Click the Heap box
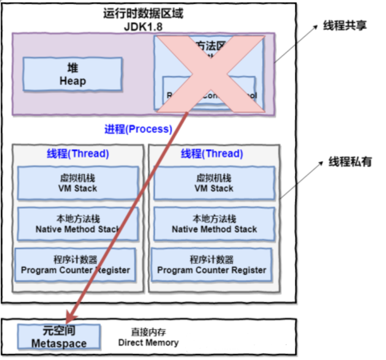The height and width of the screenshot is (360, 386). tap(73, 75)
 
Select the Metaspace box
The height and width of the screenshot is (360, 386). tap(59, 337)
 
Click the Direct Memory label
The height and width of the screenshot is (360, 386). tap(148, 337)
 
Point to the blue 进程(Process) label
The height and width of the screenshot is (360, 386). tap(138, 129)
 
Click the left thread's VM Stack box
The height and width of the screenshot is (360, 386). tap(78, 183)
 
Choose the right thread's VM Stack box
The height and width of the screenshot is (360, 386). tap(214, 183)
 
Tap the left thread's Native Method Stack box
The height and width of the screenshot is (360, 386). tap(78, 224)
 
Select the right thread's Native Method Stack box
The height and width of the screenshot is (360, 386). tap(214, 224)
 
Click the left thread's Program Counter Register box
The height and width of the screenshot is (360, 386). tap(75, 265)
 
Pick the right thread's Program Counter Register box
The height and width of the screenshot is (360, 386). tap(212, 265)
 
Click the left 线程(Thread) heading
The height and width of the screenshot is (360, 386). tap(78, 154)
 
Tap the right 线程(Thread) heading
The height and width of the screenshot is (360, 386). tap(212, 154)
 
